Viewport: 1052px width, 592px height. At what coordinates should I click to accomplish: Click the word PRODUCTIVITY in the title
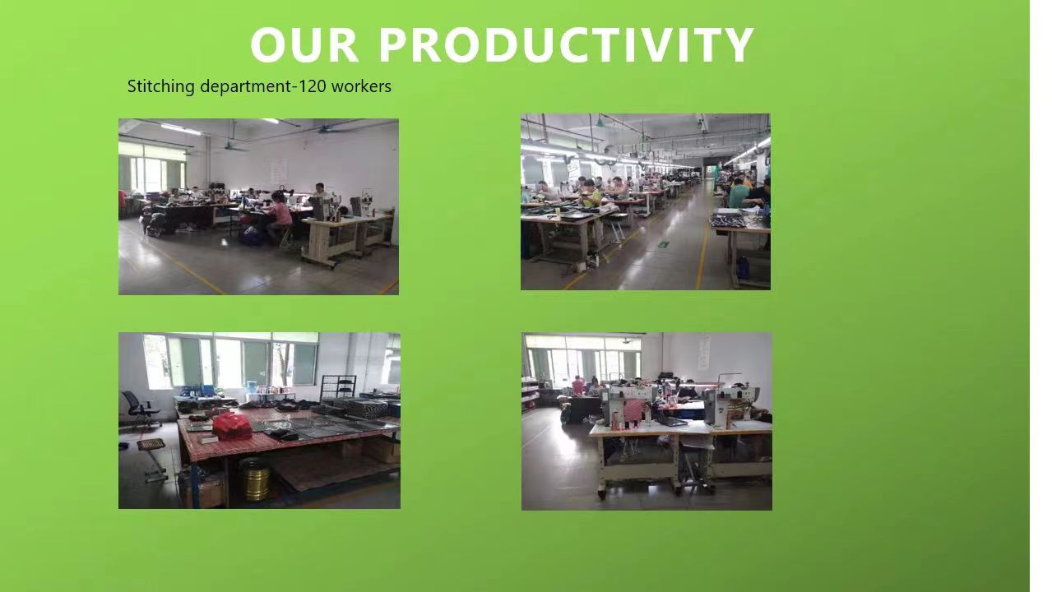click(x=566, y=44)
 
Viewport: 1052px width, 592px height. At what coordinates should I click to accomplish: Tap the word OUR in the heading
click(x=304, y=44)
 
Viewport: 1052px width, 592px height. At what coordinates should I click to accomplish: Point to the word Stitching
click(x=161, y=86)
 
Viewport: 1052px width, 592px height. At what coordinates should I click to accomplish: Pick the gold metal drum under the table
click(x=256, y=481)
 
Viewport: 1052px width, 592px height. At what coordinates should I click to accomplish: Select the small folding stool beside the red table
click(x=153, y=459)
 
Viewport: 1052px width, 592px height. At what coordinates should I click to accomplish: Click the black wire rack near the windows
click(x=338, y=386)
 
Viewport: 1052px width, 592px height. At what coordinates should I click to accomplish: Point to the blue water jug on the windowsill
click(x=252, y=386)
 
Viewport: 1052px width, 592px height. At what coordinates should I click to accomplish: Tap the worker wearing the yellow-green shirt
click(x=591, y=194)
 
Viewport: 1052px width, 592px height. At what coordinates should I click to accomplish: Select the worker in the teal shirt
click(x=739, y=193)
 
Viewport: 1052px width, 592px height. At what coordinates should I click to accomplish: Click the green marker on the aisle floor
click(x=664, y=244)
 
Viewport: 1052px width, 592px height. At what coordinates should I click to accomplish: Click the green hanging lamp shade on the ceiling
click(x=600, y=124)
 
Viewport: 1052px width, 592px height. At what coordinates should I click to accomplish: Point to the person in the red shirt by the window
click(x=578, y=386)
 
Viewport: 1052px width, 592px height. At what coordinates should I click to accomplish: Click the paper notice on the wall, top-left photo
click(x=278, y=171)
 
